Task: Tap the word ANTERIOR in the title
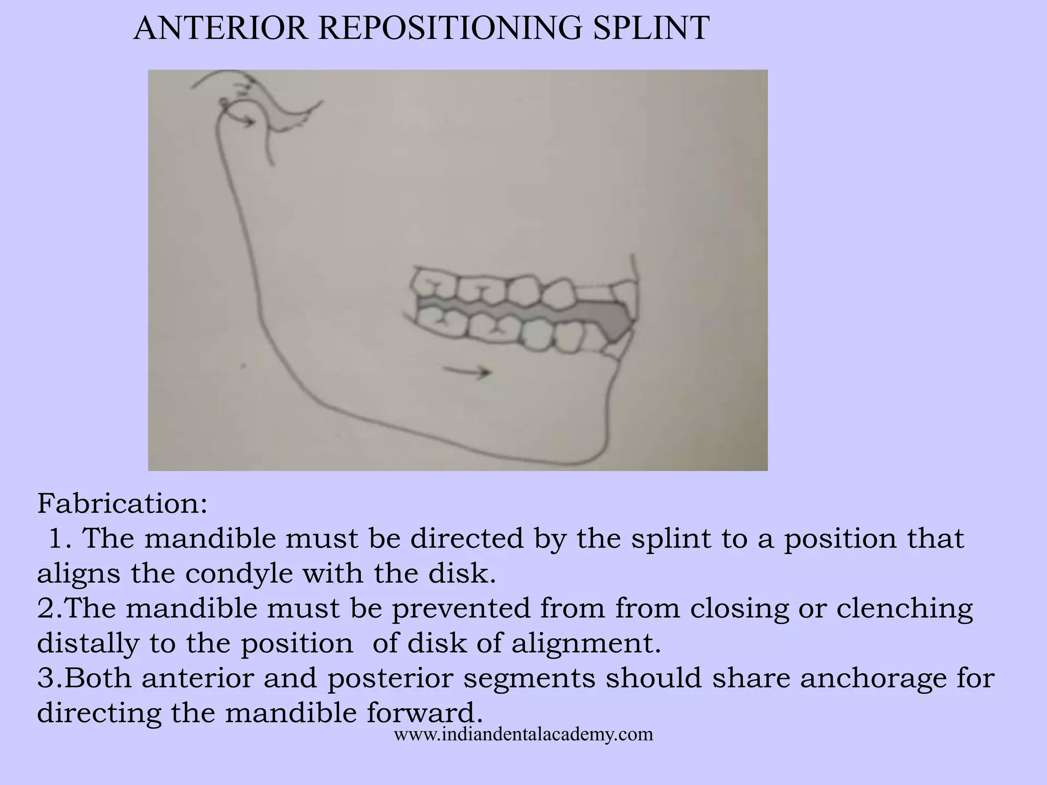click(220, 28)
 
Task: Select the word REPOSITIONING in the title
click(450, 28)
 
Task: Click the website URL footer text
click(523, 734)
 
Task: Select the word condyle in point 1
click(239, 573)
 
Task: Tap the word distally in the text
click(88, 643)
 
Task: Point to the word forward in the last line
click(424, 713)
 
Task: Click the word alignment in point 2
click(586, 643)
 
